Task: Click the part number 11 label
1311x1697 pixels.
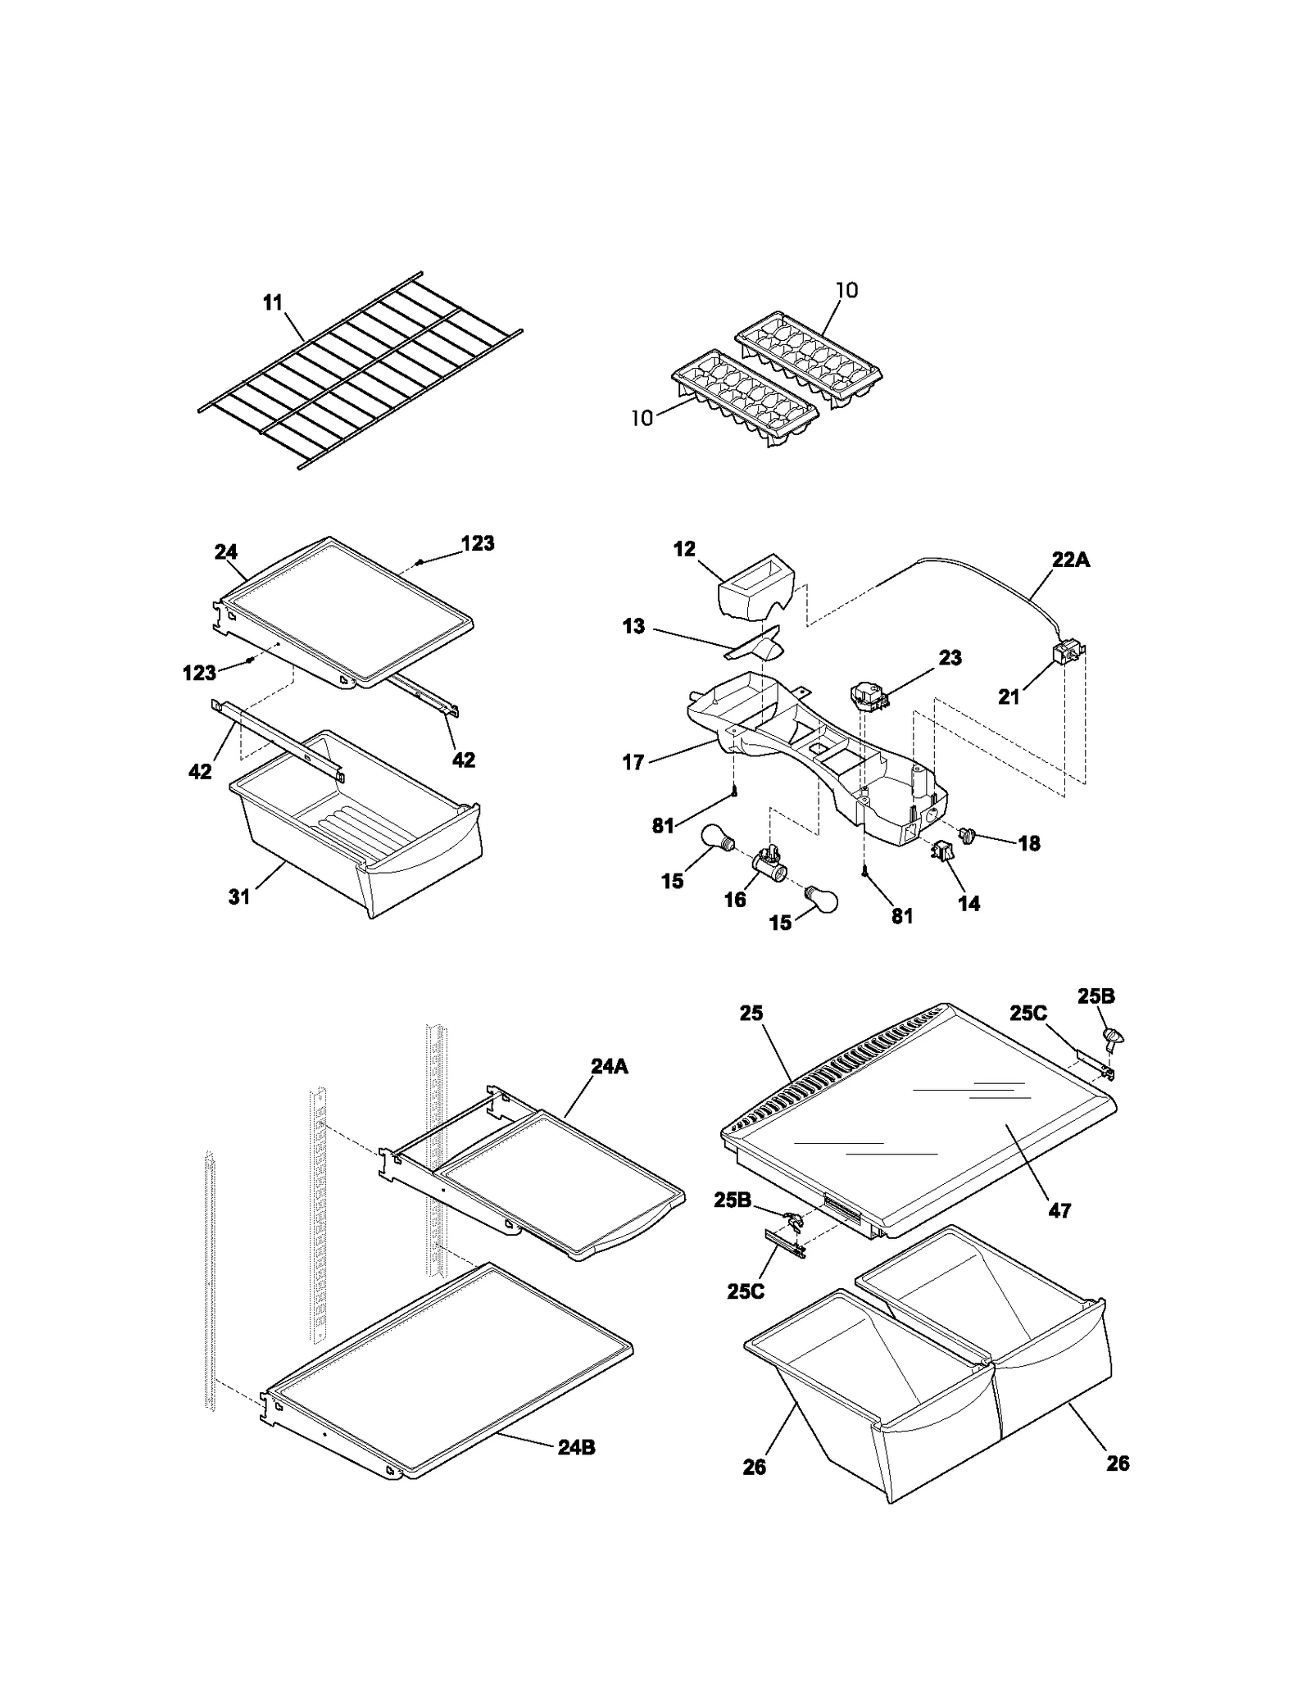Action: click(272, 303)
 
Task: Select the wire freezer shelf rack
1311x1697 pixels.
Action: click(361, 370)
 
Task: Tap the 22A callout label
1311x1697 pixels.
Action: click(1070, 560)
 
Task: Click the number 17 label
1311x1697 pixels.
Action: click(633, 763)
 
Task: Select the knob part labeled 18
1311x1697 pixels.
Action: click(967, 837)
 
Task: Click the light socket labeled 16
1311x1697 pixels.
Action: click(769, 864)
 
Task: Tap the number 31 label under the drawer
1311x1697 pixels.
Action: click(238, 897)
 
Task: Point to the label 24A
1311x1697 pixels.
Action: click(609, 1066)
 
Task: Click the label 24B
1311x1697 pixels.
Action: click(576, 1448)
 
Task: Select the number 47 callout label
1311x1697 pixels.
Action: click(1059, 1210)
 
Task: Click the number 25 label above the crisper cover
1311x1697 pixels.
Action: click(751, 1014)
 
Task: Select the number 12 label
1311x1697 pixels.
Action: click(684, 549)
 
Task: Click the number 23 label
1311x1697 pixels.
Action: click(950, 658)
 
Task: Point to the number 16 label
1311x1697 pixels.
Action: click(734, 900)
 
